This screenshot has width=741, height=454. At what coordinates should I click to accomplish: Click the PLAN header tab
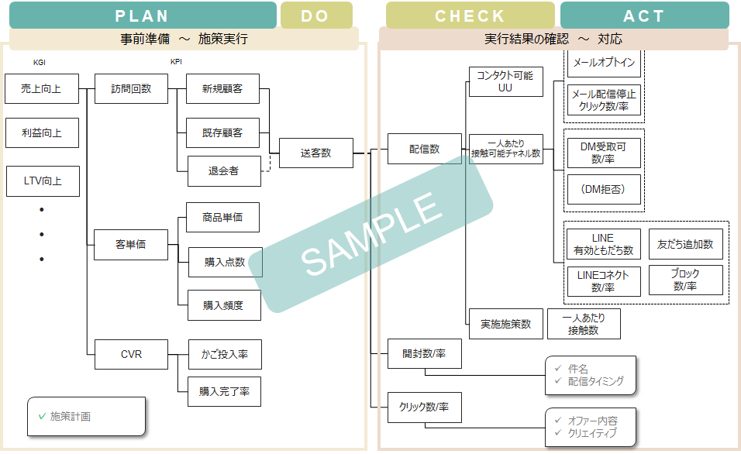[142, 15]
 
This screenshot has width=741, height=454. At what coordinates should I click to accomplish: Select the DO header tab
[315, 15]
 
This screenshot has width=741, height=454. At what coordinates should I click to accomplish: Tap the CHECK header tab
[470, 15]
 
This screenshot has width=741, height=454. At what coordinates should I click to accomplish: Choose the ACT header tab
[644, 15]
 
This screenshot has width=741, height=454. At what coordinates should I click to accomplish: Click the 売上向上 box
[42, 89]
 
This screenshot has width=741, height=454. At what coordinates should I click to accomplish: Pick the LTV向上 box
[42, 181]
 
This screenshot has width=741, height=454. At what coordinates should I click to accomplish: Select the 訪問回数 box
[130, 89]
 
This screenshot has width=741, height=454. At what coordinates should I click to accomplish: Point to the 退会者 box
[223, 171]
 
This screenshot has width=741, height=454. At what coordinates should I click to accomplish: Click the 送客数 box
[315, 153]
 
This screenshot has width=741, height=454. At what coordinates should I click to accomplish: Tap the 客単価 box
[130, 245]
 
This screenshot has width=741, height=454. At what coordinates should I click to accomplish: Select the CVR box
[130, 354]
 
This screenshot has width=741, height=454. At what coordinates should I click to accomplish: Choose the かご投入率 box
[225, 354]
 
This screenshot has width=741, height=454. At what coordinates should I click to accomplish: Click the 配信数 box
[424, 149]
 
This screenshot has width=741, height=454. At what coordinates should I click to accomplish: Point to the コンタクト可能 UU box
[505, 81]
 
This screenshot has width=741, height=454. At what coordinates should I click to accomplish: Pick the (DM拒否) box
[603, 189]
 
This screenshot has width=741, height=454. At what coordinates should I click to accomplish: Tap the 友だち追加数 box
[685, 244]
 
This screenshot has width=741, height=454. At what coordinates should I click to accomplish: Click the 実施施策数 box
[505, 324]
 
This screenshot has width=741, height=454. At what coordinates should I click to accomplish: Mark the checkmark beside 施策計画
[42, 416]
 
